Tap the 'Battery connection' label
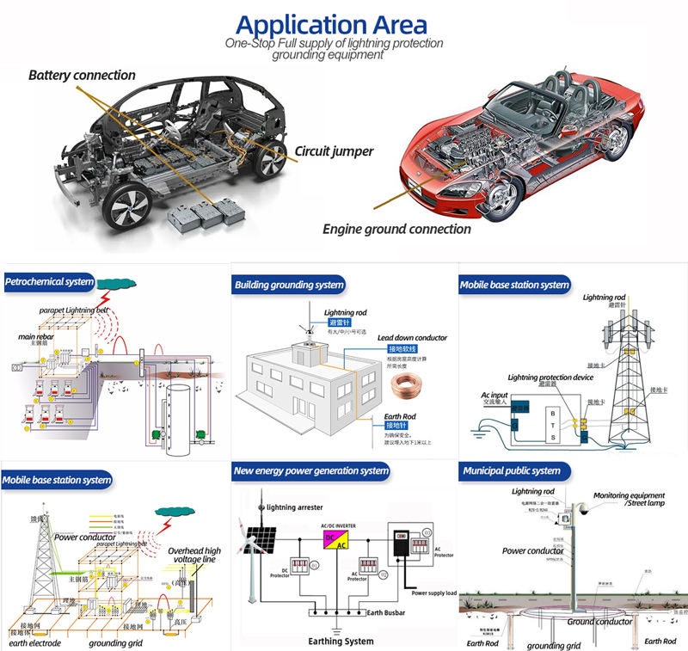pos(82,76)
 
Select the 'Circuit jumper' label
pos(335,151)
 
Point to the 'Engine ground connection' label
pos(396,229)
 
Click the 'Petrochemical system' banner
pos(50,281)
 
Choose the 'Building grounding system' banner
pos(289,285)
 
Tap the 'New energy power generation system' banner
pos(311,471)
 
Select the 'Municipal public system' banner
pos(512,471)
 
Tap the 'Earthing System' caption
pos(341,641)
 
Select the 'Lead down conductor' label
pos(412,338)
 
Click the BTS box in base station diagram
pos(552,426)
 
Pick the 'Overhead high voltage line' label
pos(193,556)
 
